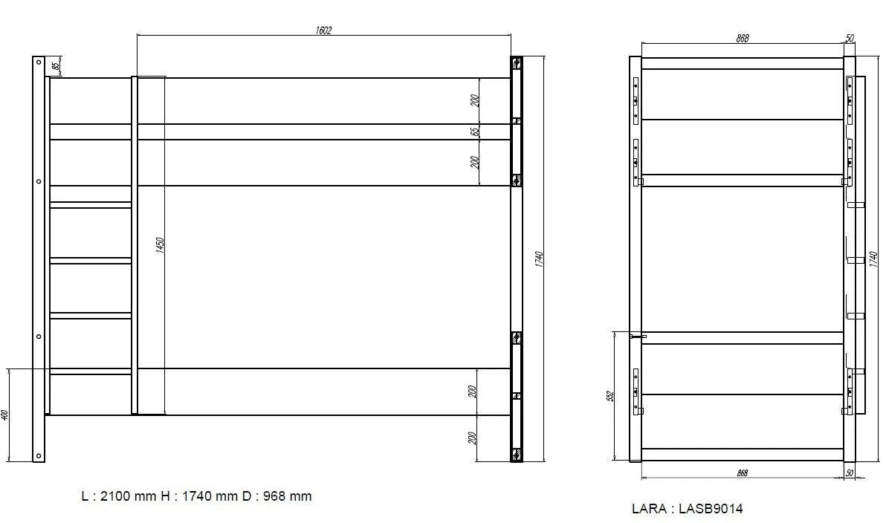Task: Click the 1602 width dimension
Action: (323, 30)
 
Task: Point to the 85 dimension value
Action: (56, 66)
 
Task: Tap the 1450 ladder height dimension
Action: (160, 245)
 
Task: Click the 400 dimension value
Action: (4, 415)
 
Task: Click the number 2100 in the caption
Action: (116, 496)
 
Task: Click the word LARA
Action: (647, 509)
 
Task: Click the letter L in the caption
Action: (84, 496)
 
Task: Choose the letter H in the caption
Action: (165, 496)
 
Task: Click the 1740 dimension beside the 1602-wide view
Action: (540, 260)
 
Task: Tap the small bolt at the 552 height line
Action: (636, 337)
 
